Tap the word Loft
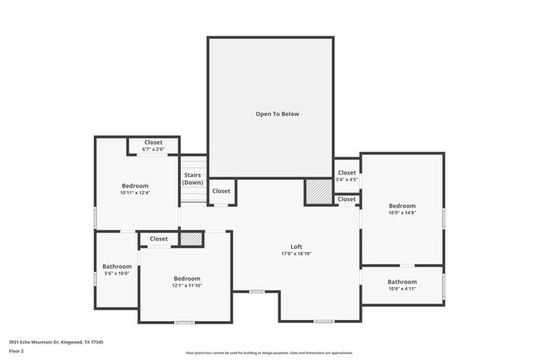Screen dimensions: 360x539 296,246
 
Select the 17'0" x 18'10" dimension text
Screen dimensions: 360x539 296,254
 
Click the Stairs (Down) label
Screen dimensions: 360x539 192,178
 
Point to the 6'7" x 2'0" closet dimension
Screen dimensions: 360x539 153,149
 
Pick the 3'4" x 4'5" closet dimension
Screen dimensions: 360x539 347,179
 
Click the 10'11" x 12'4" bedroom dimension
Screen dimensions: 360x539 134,192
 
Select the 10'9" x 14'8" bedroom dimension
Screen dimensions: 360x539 402,212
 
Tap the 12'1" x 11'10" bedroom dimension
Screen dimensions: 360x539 187,285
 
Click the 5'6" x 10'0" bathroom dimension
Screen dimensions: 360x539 116,274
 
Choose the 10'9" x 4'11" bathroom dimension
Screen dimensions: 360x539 402,289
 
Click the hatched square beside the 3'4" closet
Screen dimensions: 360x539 318,192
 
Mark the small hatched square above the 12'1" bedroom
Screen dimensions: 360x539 192,239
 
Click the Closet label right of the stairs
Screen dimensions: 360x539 221,192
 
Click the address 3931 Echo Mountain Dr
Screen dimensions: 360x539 56,341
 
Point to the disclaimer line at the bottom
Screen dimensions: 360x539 269,353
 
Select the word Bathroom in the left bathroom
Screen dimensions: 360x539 116,266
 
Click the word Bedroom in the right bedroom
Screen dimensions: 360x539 402,205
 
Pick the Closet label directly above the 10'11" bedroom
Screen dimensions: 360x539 153,142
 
